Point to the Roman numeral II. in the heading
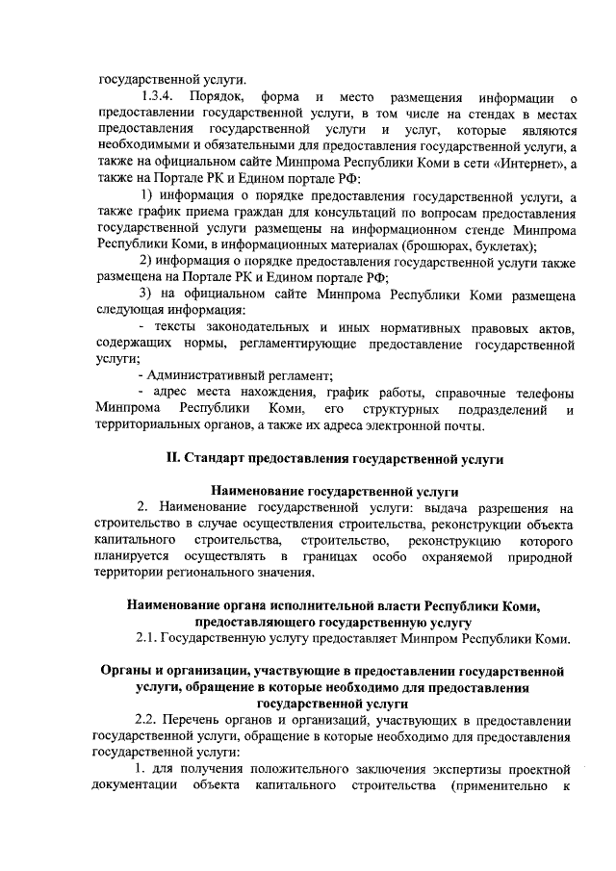pyautogui.click(x=176, y=460)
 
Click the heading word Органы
pyautogui.click(x=130, y=670)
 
